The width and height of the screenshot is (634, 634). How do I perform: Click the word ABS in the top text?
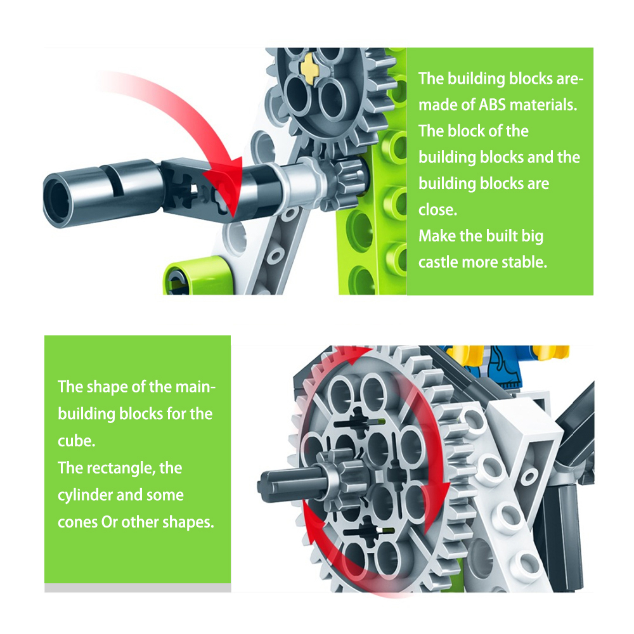pos(492,105)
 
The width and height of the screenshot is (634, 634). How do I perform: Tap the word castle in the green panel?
pos(438,262)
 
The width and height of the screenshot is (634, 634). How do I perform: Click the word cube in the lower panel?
pos(77,441)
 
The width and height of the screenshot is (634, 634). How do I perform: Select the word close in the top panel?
pos(437,209)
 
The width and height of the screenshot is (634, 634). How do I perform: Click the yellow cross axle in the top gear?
pos(311,68)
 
